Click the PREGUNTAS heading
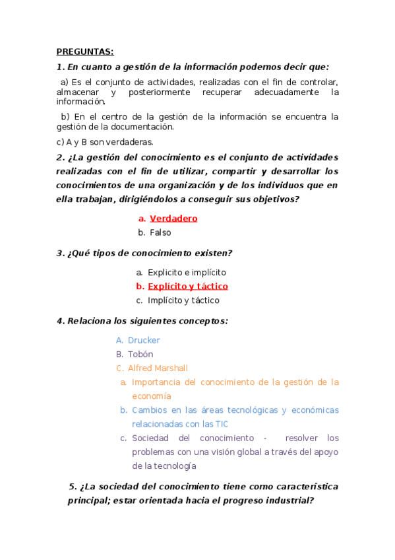coord(85,52)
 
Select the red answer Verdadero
coord(173,218)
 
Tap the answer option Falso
coord(160,232)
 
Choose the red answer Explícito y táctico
coord(187,286)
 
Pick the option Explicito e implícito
coord(187,272)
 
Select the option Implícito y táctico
coord(183,300)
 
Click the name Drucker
coord(144,340)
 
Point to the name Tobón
coord(140,354)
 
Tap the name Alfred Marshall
coord(158,368)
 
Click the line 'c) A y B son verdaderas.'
coord(105,141)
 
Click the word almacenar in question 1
coord(78,92)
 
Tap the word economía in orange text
coord(151,396)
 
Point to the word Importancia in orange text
coord(159,382)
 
